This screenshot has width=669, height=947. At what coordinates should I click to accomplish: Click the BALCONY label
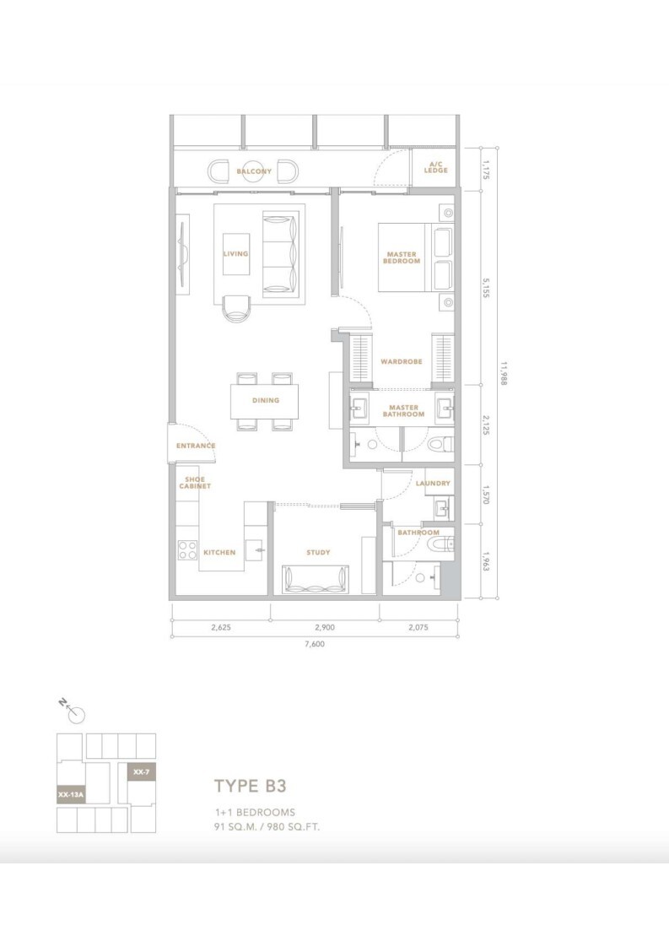(254, 171)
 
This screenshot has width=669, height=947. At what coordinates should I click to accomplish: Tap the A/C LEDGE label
(435, 167)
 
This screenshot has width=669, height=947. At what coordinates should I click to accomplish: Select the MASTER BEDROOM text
(402, 258)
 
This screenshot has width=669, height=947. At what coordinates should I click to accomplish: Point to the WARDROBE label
(402, 362)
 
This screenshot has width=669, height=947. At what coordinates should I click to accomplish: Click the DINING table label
(266, 400)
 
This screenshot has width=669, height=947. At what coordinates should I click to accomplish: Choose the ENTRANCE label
(196, 446)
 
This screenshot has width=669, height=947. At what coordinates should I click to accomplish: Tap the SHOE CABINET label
(195, 483)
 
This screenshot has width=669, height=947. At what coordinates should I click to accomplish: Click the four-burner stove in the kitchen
(188, 550)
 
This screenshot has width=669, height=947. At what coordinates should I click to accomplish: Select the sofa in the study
(316, 580)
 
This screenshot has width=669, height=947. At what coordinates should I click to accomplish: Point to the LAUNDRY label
(433, 483)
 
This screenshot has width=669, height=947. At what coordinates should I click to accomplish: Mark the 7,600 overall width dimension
(315, 644)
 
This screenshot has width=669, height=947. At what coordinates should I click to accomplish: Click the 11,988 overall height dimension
(503, 373)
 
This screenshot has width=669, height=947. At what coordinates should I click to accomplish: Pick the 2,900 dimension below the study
(324, 627)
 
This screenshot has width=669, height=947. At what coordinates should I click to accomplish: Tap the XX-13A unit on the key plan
(71, 795)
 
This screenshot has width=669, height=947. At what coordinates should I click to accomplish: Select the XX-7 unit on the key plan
(142, 771)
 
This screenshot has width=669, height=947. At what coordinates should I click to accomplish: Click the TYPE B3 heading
(250, 786)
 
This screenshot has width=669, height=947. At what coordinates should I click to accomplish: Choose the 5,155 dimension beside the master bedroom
(486, 288)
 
